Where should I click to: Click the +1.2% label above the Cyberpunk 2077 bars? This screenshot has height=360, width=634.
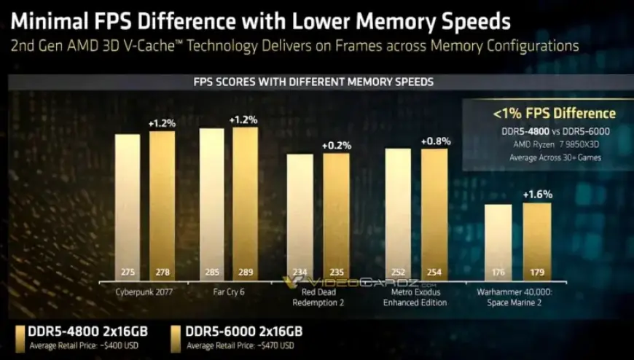162,123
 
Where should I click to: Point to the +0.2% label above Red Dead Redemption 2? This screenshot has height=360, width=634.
337,145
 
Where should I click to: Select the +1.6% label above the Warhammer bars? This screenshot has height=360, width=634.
537,195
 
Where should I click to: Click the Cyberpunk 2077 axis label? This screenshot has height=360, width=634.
144,292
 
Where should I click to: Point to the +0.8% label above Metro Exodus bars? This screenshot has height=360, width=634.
436,141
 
